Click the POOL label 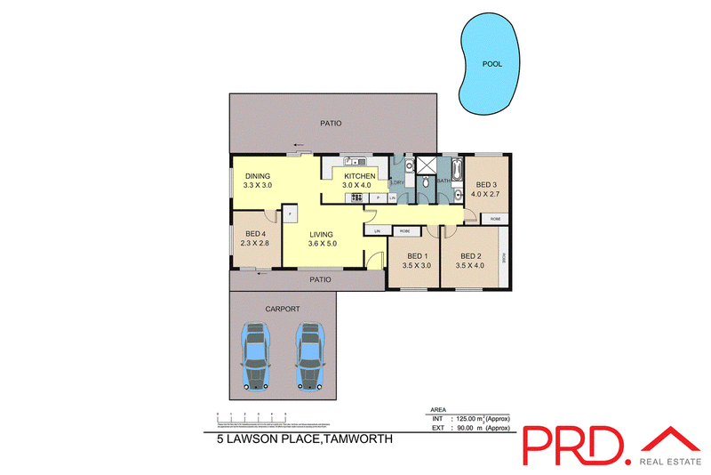click(x=491, y=64)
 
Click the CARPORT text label click(x=282, y=309)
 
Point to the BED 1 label click(x=415, y=256)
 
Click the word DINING click(x=258, y=176)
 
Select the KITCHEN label click(x=360, y=176)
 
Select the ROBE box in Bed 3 click(x=495, y=218)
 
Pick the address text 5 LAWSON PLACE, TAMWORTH click(x=299, y=438)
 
